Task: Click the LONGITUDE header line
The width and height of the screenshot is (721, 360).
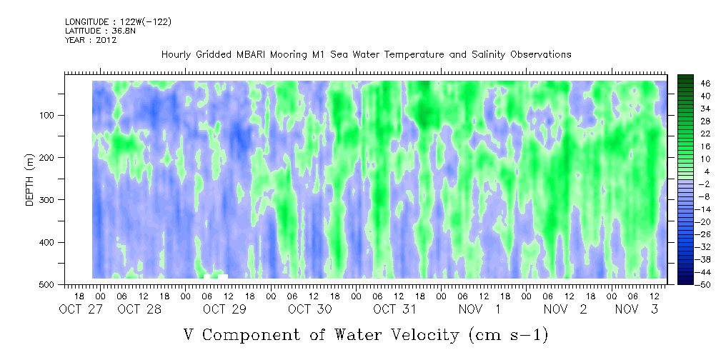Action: point(118,21)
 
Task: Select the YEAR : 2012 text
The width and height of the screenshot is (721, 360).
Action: point(91,39)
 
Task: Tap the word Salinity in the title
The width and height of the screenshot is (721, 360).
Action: point(487,55)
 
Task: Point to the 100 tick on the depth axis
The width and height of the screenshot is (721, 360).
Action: point(51,115)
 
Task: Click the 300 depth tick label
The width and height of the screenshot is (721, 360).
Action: point(51,200)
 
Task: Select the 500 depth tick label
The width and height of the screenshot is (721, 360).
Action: point(51,284)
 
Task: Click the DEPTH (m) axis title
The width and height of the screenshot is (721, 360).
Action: point(30,179)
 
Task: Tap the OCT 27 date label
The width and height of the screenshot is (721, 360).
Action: point(76,309)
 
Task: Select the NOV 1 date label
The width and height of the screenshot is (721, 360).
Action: point(479,309)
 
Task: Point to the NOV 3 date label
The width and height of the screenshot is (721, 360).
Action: point(637,309)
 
